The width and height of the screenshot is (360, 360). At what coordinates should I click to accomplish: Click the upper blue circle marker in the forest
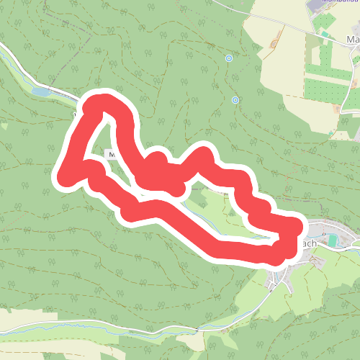[x=229, y=58]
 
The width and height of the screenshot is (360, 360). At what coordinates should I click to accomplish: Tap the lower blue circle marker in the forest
[x=235, y=100]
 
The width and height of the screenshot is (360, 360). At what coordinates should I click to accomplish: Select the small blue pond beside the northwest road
[x=40, y=91]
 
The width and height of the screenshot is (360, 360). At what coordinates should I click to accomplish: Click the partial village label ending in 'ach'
[x=309, y=243]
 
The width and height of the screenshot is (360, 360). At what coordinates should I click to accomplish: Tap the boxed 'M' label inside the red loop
[x=111, y=154]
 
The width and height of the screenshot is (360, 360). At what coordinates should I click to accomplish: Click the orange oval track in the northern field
[x=273, y=45]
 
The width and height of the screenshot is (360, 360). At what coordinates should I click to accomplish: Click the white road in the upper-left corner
[x=14, y=57]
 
